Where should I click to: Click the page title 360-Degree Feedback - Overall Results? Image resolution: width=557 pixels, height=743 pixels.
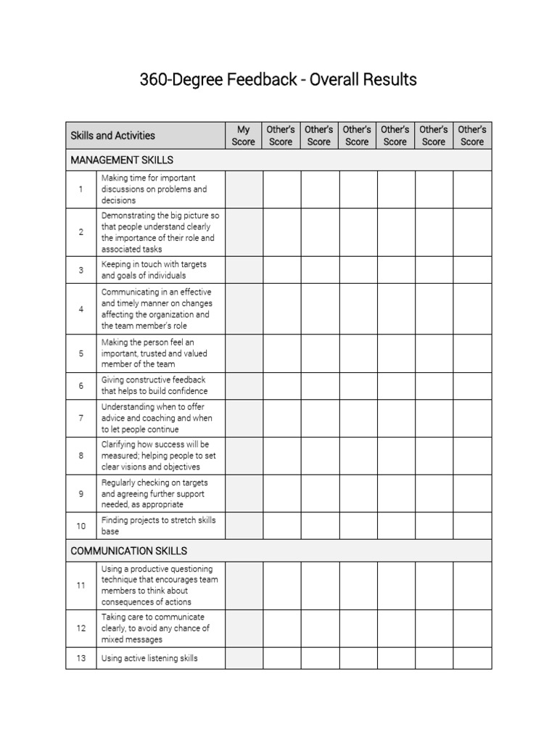pyautogui.click(x=278, y=79)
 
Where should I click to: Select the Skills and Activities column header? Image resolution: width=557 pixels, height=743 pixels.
pyautogui.click(x=112, y=136)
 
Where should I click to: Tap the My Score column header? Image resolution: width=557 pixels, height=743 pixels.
pyautogui.click(x=244, y=136)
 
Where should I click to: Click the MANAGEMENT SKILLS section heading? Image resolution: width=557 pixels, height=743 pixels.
pyautogui.click(x=122, y=160)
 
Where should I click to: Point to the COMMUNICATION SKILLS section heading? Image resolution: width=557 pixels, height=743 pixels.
pyautogui.click(x=128, y=551)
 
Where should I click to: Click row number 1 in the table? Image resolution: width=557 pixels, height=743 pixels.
pyautogui.click(x=81, y=189)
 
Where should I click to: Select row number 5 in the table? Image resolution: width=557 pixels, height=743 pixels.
pyautogui.click(x=81, y=353)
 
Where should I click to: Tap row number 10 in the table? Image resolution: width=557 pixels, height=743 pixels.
pyautogui.click(x=81, y=526)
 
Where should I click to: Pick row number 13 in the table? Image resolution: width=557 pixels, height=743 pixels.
pyautogui.click(x=81, y=658)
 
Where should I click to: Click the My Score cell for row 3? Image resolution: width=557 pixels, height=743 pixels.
pyautogui.click(x=244, y=270)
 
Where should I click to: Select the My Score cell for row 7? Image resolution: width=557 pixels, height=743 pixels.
pyautogui.click(x=244, y=418)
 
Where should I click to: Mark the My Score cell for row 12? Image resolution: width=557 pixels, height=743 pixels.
pyautogui.click(x=244, y=628)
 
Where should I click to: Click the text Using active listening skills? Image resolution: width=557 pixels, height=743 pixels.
pyautogui.click(x=149, y=658)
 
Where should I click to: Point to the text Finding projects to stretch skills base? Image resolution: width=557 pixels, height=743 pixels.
pyautogui.click(x=158, y=526)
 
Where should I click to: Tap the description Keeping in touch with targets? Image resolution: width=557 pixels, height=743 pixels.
pyautogui.click(x=154, y=270)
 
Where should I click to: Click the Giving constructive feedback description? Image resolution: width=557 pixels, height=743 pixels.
pyautogui.click(x=154, y=385)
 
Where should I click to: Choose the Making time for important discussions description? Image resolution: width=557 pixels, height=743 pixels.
pyautogui.click(x=154, y=189)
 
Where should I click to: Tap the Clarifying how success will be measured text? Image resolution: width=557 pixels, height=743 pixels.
pyautogui.click(x=158, y=456)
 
